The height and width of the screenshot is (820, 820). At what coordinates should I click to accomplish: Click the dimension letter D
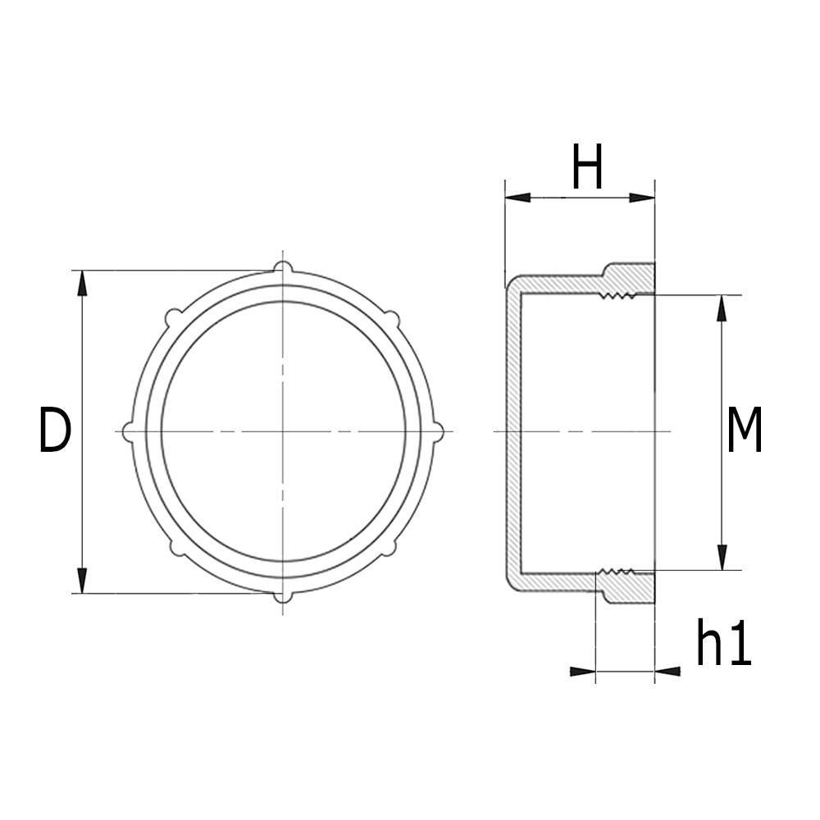(55, 431)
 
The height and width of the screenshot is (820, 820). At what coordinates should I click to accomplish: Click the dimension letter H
(588, 167)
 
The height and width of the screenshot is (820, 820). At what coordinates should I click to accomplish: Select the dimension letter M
(745, 431)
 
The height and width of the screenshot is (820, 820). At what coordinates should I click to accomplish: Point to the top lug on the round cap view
(282, 266)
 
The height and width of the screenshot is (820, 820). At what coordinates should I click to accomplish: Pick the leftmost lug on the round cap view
(127, 431)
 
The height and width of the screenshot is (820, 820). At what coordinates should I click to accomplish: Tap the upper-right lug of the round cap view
(392, 317)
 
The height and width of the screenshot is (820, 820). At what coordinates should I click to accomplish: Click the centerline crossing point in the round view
(282, 431)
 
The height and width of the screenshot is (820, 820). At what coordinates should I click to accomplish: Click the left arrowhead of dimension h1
(581, 672)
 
